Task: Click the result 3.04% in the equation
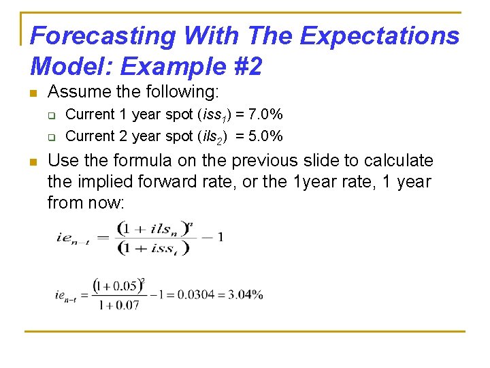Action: (x=246, y=294)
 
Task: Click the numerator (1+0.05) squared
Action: (x=118, y=285)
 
